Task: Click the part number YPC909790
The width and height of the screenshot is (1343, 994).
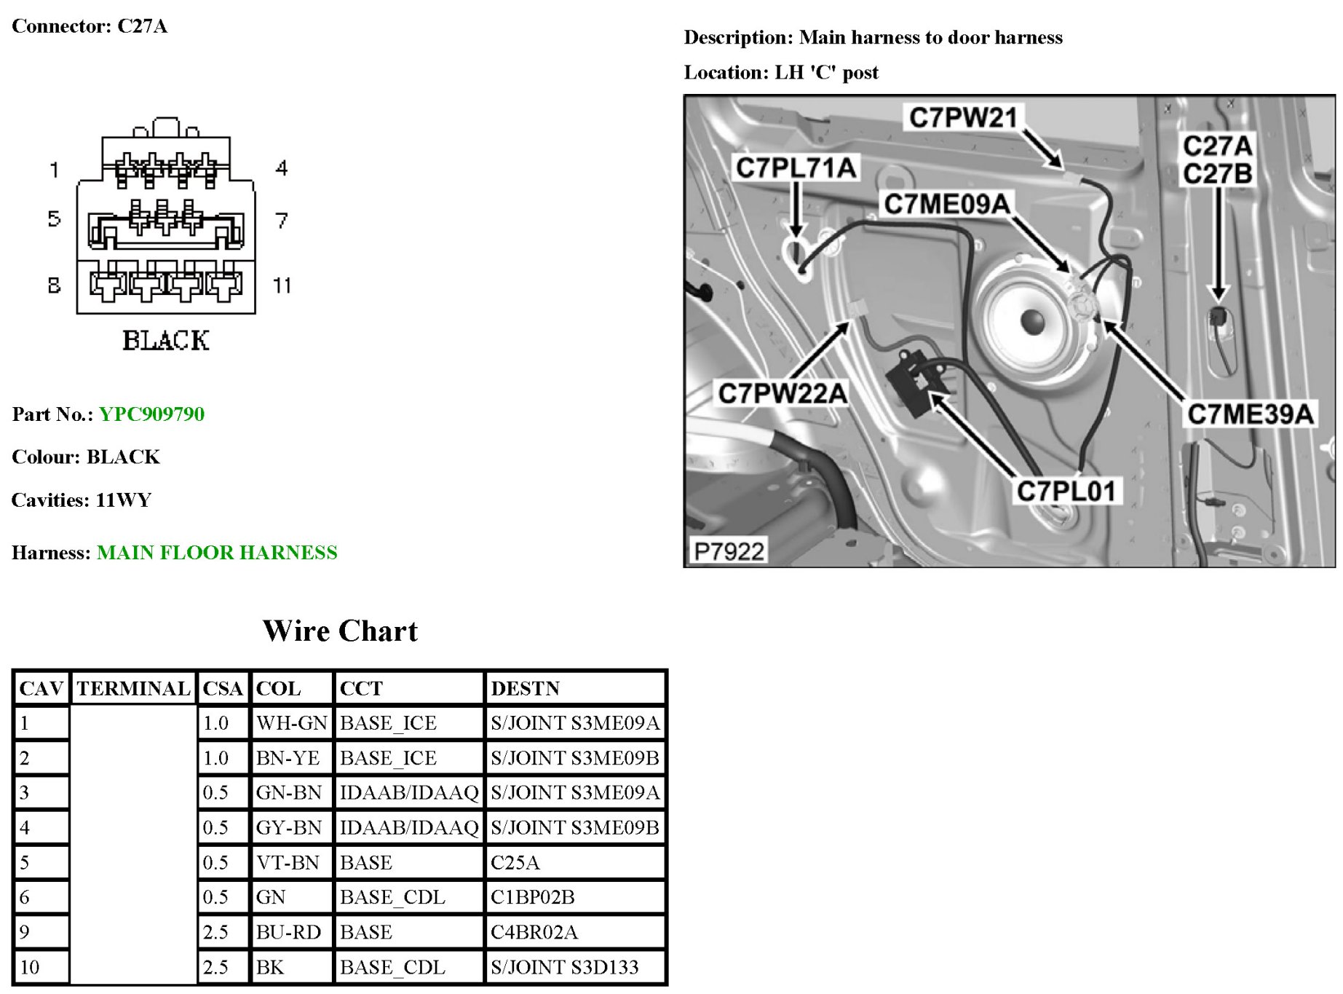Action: pos(151,414)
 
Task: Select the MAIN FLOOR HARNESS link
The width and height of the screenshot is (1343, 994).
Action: pos(217,553)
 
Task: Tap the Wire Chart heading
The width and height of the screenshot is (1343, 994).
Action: pos(340,631)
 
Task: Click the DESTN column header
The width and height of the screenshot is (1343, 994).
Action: pos(525,688)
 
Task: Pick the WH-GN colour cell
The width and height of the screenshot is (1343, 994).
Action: pos(291,723)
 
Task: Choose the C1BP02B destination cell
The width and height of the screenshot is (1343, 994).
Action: pos(532,897)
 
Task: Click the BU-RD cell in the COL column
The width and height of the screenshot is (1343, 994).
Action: pos(288,932)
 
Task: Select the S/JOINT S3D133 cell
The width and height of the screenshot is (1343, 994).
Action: pos(564,967)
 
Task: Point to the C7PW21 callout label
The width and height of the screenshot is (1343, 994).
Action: pos(962,117)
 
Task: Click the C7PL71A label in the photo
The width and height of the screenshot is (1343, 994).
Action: pos(796,168)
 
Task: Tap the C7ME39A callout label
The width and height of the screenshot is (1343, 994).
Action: pos(1250,414)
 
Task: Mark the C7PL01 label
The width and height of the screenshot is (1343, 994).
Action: pos(1065,492)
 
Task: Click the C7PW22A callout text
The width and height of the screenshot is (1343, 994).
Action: pos(783,394)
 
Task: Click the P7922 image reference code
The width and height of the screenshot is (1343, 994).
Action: pos(729,551)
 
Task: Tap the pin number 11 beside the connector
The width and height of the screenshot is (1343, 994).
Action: pos(282,285)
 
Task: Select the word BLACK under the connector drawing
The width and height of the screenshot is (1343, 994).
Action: pos(166,341)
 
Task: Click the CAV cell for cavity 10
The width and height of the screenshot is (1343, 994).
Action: pos(30,967)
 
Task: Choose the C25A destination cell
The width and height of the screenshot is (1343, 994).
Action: pos(515,863)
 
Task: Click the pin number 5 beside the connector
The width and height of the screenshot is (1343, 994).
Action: pos(54,218)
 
